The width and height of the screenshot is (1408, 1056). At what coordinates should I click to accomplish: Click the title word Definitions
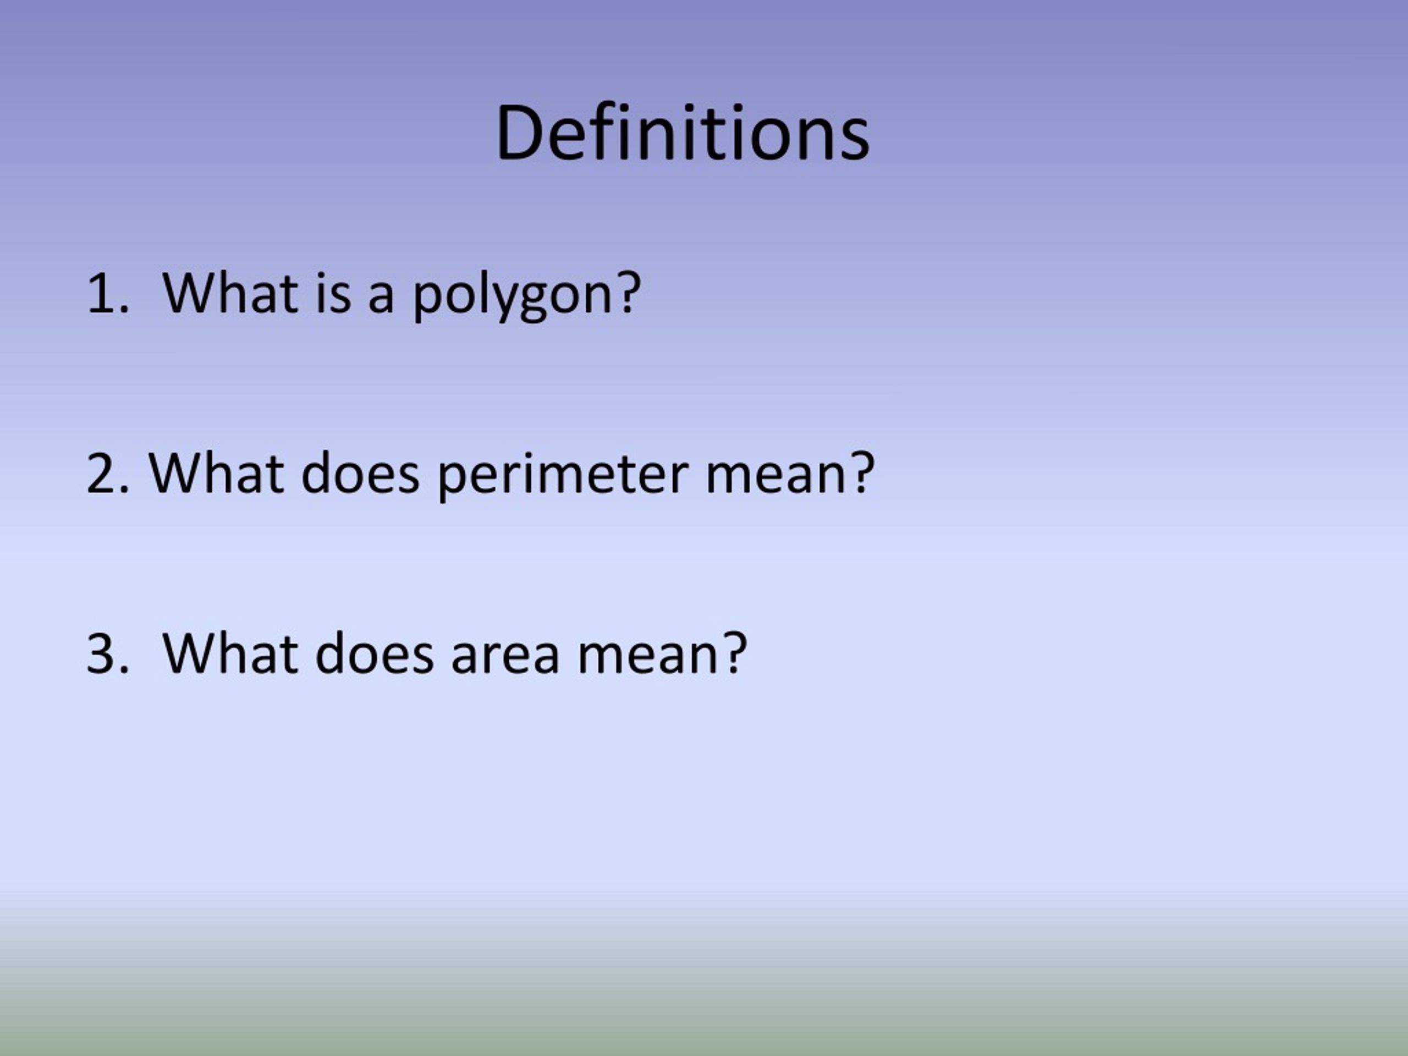tap(683, 134)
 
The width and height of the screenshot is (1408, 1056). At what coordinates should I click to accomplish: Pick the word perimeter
tap(563, 476)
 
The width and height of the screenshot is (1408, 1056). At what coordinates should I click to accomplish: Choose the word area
tap(505, 656)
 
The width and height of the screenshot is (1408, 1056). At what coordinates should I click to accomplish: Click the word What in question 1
tap(230, 294)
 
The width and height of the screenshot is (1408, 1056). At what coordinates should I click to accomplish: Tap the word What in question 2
tap(216, 474)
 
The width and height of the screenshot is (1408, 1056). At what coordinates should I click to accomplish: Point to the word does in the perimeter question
tap(360, 474)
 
